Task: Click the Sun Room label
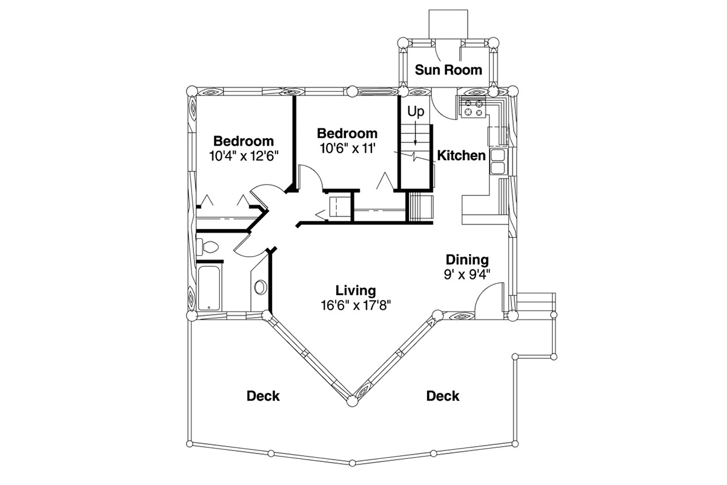(448, 70)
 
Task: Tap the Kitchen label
(461, 156)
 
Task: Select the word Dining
(467, 260)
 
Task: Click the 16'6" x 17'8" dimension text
(356, 306)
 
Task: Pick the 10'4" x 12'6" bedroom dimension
(244, 156)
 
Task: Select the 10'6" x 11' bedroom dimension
(348, 149)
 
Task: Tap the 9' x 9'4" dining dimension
(466, 275)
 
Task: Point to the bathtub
(208, 288)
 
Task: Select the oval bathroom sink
(261, 287)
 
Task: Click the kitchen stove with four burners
(474, 108)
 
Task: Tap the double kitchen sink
(497, 161)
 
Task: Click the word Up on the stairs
(416, 112)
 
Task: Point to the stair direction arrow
(416, 133)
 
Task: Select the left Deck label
(263, 396)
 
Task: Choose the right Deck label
(443, 396)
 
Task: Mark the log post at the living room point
(352, 401)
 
